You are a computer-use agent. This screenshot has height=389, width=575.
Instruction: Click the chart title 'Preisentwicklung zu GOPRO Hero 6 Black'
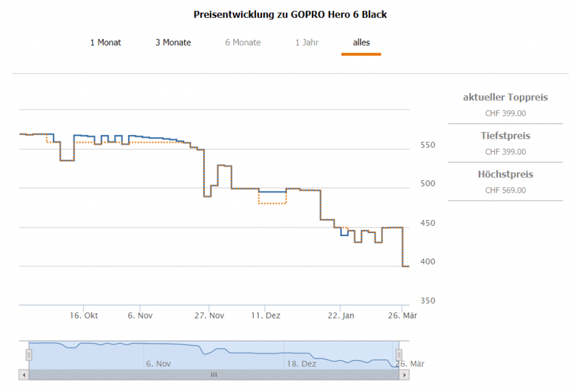pos(290,15)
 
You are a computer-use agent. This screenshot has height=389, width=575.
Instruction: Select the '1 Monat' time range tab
pos(106,42)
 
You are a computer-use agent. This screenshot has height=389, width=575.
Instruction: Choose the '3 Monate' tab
pos(173,42)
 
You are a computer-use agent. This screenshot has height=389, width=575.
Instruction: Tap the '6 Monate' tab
pos(243,42)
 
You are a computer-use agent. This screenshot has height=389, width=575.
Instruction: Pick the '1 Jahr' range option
pos(307,42)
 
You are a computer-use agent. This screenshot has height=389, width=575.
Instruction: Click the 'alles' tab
pos(361,42)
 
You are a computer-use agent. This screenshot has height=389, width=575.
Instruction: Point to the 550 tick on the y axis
pos(428,145)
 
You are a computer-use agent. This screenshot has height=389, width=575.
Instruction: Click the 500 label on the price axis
pos(428,184)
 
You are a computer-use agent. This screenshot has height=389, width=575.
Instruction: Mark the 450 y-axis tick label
pos(428,223)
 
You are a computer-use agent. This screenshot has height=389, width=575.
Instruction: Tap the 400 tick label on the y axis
pos(428,262)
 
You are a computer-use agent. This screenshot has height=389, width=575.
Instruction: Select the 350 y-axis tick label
pos(428,301)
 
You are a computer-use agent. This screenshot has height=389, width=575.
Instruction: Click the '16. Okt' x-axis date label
pos(84,315)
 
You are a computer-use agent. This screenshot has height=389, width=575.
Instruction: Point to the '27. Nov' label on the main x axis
pos(209,315)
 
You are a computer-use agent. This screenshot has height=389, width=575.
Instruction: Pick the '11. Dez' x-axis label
pos(266,315)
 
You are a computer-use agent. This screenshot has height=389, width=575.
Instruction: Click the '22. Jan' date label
pos(341,315)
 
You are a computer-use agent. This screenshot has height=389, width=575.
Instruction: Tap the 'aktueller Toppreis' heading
pos(505,97)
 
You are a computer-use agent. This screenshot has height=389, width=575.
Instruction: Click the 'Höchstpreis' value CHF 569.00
pos(505,190)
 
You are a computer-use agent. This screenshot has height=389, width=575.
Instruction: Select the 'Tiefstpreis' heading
pos(505,136)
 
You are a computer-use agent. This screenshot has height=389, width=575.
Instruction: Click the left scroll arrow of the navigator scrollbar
pos(24,374)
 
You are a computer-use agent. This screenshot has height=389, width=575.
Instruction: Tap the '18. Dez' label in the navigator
pos(302,364)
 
